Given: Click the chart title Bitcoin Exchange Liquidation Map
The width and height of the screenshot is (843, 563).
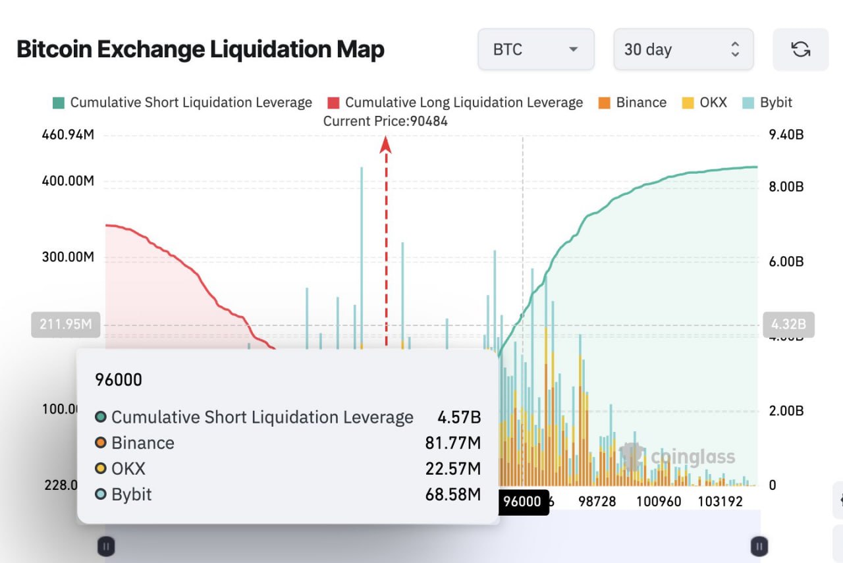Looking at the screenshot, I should tap(200, 49).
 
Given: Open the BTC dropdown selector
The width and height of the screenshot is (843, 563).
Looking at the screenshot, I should tap(535, 49).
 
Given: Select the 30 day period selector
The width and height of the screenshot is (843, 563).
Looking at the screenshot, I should tap(683, 49).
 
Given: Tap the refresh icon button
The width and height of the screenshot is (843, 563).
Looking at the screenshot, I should tap(800, 49).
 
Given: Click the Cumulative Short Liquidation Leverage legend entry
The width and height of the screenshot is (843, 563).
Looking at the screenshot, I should tap(182, 103).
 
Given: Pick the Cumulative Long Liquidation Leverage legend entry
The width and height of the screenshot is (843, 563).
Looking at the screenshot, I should tap(455, 103).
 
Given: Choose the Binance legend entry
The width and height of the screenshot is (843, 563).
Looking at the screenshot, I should tap(632, 103).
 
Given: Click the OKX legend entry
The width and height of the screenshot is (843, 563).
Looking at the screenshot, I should tap(705, 103).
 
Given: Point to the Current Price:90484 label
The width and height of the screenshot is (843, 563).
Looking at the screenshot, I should tap(385, 121).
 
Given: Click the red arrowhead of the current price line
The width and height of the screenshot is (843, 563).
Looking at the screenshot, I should tap(386, 144).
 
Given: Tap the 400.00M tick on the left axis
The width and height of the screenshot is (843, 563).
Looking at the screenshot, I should tap(68, 180).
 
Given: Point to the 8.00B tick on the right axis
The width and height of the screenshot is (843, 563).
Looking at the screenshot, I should tap(786, 186).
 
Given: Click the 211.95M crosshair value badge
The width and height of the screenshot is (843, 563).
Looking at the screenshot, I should tap(66, 325).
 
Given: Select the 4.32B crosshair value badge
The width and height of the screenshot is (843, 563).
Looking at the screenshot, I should tap(788, 325).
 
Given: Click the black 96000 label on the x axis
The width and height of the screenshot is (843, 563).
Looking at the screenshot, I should tap(522, 502).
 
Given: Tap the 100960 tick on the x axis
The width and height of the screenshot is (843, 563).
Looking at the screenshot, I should tap(659, 501).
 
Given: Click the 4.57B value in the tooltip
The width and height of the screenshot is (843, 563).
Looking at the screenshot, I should tap(459, 417).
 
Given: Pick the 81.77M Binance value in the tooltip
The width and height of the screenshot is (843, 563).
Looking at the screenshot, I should tap(452, 442).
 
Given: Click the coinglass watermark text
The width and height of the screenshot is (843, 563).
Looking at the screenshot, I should tap(692, 457).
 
